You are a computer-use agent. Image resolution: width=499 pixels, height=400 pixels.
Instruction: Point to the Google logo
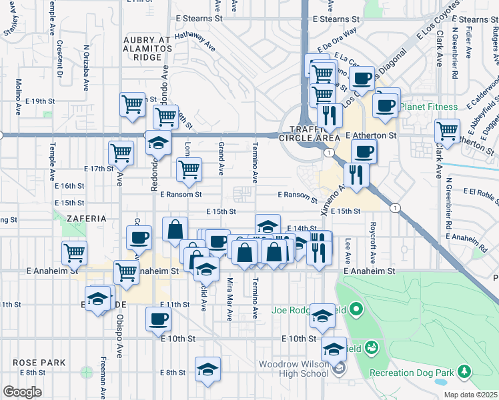(22, 391)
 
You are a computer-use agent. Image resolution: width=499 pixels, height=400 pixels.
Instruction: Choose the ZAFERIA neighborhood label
(86, 218)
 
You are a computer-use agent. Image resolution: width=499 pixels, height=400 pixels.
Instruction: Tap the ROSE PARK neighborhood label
(39, 363)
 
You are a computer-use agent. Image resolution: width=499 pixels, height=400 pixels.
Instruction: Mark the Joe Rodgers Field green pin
(356, 309)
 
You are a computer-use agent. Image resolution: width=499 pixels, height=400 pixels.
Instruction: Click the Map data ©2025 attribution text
(470, 395)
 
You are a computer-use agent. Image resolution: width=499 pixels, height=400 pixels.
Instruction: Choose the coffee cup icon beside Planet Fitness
(386, 105)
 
